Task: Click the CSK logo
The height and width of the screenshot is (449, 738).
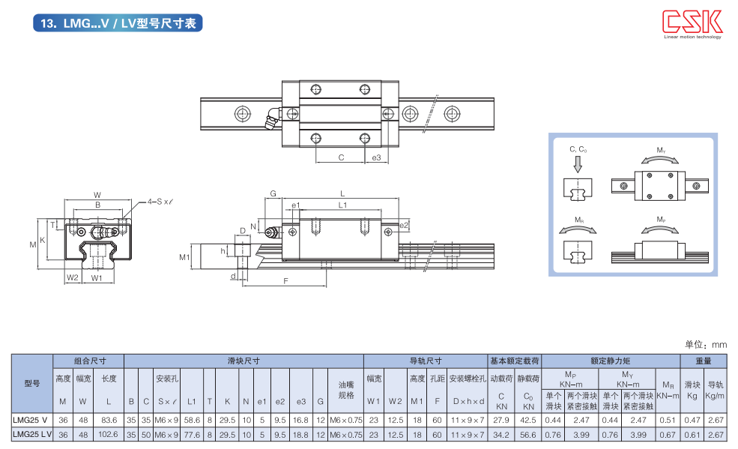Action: pyautogui.click(x=692, y=22)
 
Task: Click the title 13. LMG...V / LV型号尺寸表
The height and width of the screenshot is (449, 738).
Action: pyautogui.click(x=118, y=23)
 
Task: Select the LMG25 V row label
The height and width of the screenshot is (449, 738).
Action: pyautogui.click(x=31, y=419)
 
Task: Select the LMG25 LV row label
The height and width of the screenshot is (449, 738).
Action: pyautogui.click(x=31, y=434)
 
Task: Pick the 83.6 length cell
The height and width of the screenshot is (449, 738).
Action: pyautogui.click(x=109, y=419)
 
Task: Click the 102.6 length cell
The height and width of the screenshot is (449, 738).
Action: pyautogui.click(x=109, y=434)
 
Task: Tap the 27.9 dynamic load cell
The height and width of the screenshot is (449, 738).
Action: pyautogui.click(x=500, y=419)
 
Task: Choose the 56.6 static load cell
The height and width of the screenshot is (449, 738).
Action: pyautogui.click(x=528, y=434)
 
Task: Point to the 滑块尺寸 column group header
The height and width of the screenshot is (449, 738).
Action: pyautogui.click(x=244, y=361)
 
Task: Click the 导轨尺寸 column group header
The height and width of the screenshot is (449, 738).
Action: pyautogui.click(x=425, y=361)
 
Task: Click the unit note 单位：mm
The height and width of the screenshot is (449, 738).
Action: pyautogui.click(x=706, y=345)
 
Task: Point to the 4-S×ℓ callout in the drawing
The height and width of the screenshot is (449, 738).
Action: pyautogui.click(x=160, y=202)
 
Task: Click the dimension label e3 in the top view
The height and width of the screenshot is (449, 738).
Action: pyautogui.click(x=376, y=157)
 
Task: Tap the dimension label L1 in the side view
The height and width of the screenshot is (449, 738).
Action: pyautogui.click(x=342, y=205)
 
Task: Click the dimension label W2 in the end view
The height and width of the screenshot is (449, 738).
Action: pyautogui.click(x=72, y=277)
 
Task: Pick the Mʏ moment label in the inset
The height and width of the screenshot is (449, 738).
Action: pyautogui.click(x=661, y=151)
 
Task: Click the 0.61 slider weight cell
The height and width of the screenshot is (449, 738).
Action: pyautogui.click(x=692, y=434)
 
